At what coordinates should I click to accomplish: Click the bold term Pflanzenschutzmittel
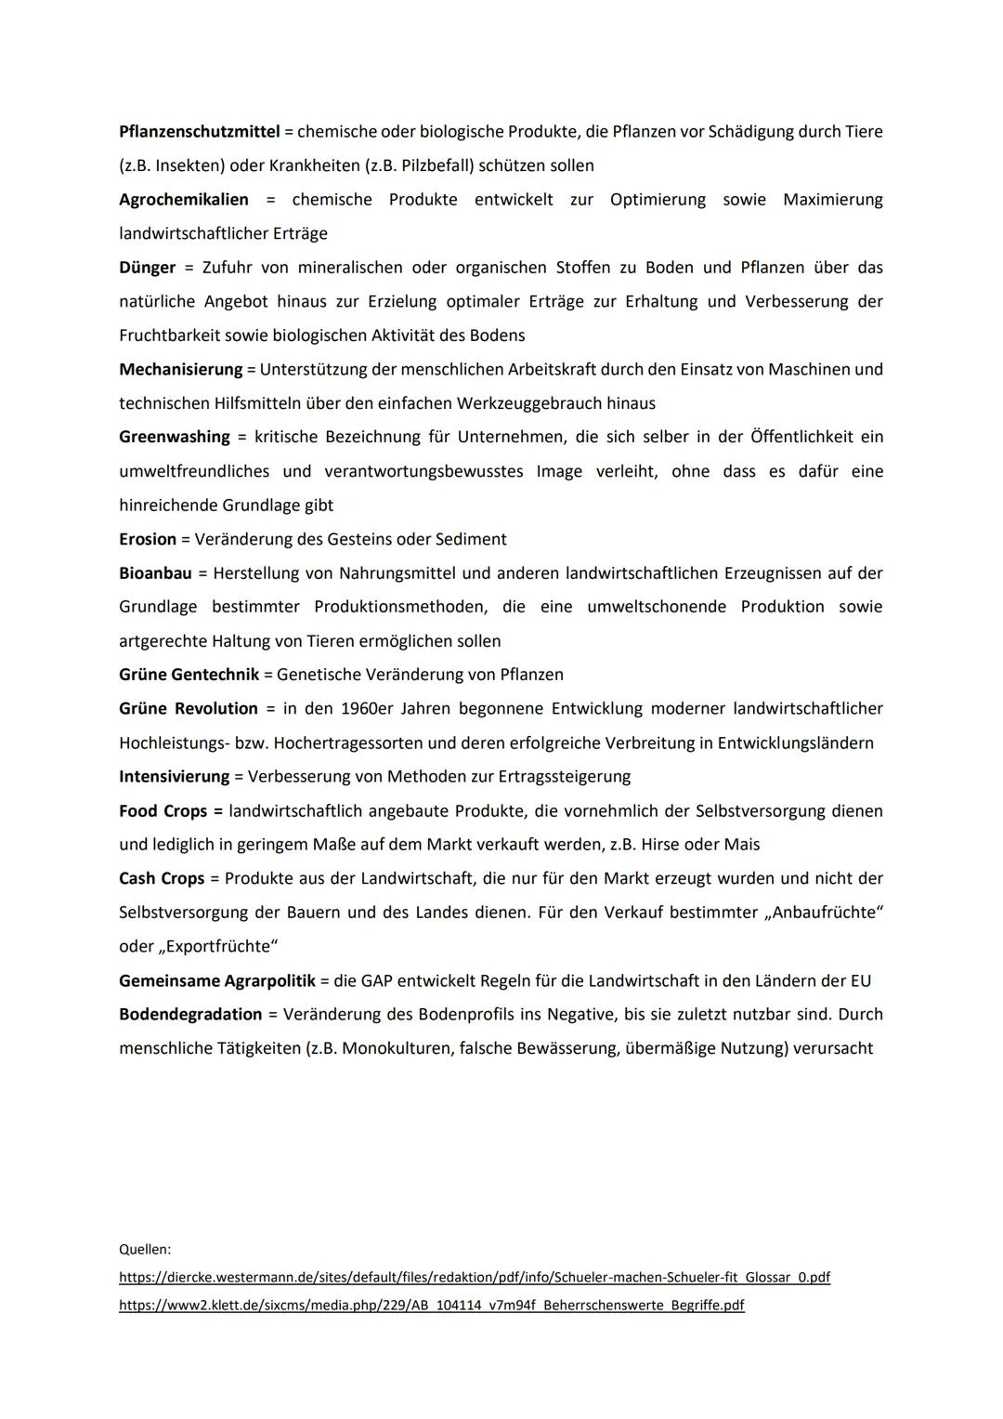[200, 132]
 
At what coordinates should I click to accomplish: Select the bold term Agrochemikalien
[184, 200]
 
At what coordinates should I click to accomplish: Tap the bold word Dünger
[147, 268]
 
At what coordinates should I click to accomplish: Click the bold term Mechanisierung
[180, 369]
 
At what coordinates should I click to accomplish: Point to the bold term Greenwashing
[175, 437]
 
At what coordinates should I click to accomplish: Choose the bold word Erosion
[148, 539]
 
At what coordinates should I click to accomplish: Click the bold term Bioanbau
[155, 573]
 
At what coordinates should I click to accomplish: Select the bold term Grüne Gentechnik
[189, 675]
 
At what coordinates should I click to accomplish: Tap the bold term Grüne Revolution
[189, 709]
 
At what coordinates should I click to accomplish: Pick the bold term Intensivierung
[174, 776]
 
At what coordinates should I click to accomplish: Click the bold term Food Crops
[163, 811]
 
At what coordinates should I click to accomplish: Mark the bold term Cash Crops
[162, 878]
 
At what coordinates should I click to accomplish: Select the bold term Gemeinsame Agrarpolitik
[217, 980]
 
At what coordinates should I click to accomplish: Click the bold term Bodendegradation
[190, 1014]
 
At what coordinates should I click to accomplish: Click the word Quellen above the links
[145, 1250]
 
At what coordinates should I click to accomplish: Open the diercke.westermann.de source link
[475, 1278]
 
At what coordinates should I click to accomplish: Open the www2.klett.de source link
[432, 1306]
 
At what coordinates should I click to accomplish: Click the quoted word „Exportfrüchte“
[220, 947]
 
